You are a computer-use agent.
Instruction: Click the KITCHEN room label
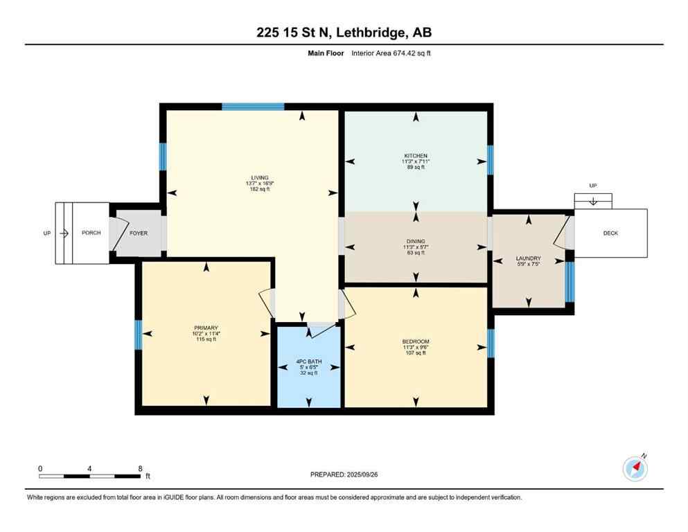click(416, 156)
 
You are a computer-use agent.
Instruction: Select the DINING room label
click(416, 240)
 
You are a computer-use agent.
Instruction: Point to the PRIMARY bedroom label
click(206, 328)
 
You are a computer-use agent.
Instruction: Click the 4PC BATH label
click(309, 362)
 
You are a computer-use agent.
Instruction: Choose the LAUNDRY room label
click(529, 258)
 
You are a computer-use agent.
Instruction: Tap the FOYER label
click(139, 233)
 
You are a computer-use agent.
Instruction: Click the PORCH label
click(91, 233)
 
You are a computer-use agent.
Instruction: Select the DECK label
click(610, 233)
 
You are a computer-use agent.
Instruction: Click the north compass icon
click(635, 469)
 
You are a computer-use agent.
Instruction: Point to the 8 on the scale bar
click(140, 468)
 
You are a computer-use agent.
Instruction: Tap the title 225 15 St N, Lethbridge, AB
click(344, 33)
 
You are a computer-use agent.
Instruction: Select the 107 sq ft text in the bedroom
click(416, 353)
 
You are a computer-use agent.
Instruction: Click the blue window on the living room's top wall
click(253, 107)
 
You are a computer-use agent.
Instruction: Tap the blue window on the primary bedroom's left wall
click(139, 334)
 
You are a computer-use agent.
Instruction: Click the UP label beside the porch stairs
click(47, 233)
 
